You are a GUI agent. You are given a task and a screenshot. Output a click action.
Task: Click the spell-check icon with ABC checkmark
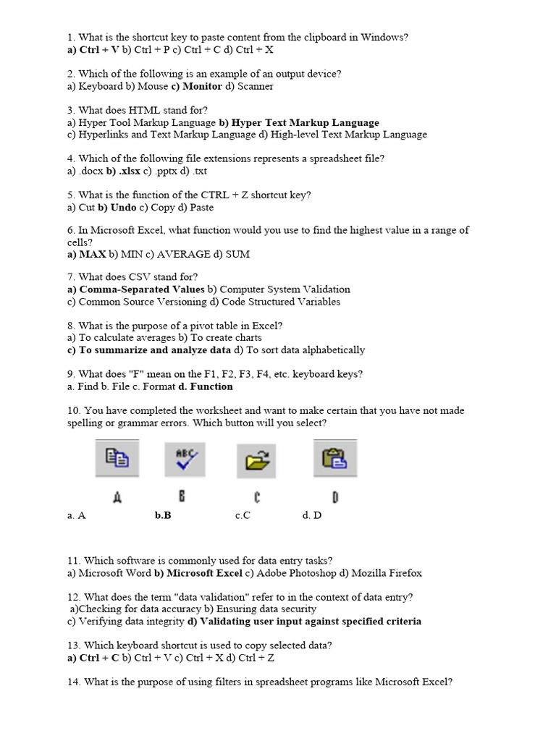pyautogui.click(x=185, y=459)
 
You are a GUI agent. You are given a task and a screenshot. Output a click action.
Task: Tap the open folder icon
pyautogui.click(x=257, y=460)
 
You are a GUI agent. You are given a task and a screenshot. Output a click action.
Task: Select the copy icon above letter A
pyautogui.click(x=117, y=459)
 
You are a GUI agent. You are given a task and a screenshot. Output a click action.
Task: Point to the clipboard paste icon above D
pyautogui.click(x=334, y=459)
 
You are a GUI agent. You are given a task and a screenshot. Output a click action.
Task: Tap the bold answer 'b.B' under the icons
pyautogui.click(x=163, y=515)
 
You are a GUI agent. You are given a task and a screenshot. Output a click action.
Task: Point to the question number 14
pyautogui.click(x=74, y=682)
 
